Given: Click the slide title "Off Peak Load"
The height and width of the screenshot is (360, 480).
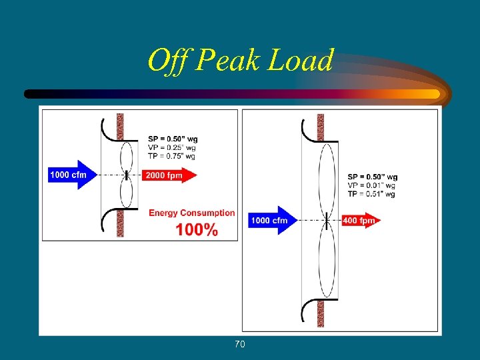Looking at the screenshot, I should click(240, 61).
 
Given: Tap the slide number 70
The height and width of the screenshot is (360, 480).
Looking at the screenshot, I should click(240, 344).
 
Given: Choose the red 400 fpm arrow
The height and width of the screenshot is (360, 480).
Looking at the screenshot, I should click(361, 220).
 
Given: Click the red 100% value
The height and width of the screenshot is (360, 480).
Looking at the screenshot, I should click(197, 230).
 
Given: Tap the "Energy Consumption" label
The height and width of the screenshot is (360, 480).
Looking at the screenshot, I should click(192, 213).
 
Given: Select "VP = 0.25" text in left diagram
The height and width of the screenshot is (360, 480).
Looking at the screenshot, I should click(172, 147).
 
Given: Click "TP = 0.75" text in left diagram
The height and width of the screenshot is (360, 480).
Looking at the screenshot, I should click(172, 156).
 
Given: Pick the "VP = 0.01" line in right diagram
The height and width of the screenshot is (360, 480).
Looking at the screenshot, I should click(371, 185).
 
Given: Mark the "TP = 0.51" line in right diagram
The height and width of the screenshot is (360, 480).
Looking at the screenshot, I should click(371, 194).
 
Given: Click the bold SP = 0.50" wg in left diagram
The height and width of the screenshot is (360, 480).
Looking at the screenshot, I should click(173, 139).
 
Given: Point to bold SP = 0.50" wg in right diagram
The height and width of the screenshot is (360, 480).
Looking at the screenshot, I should click(372, 177).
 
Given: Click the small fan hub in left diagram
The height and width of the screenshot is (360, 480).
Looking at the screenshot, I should click(127, 176).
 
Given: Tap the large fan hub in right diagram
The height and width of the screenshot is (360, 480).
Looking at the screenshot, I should click(327, 219).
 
